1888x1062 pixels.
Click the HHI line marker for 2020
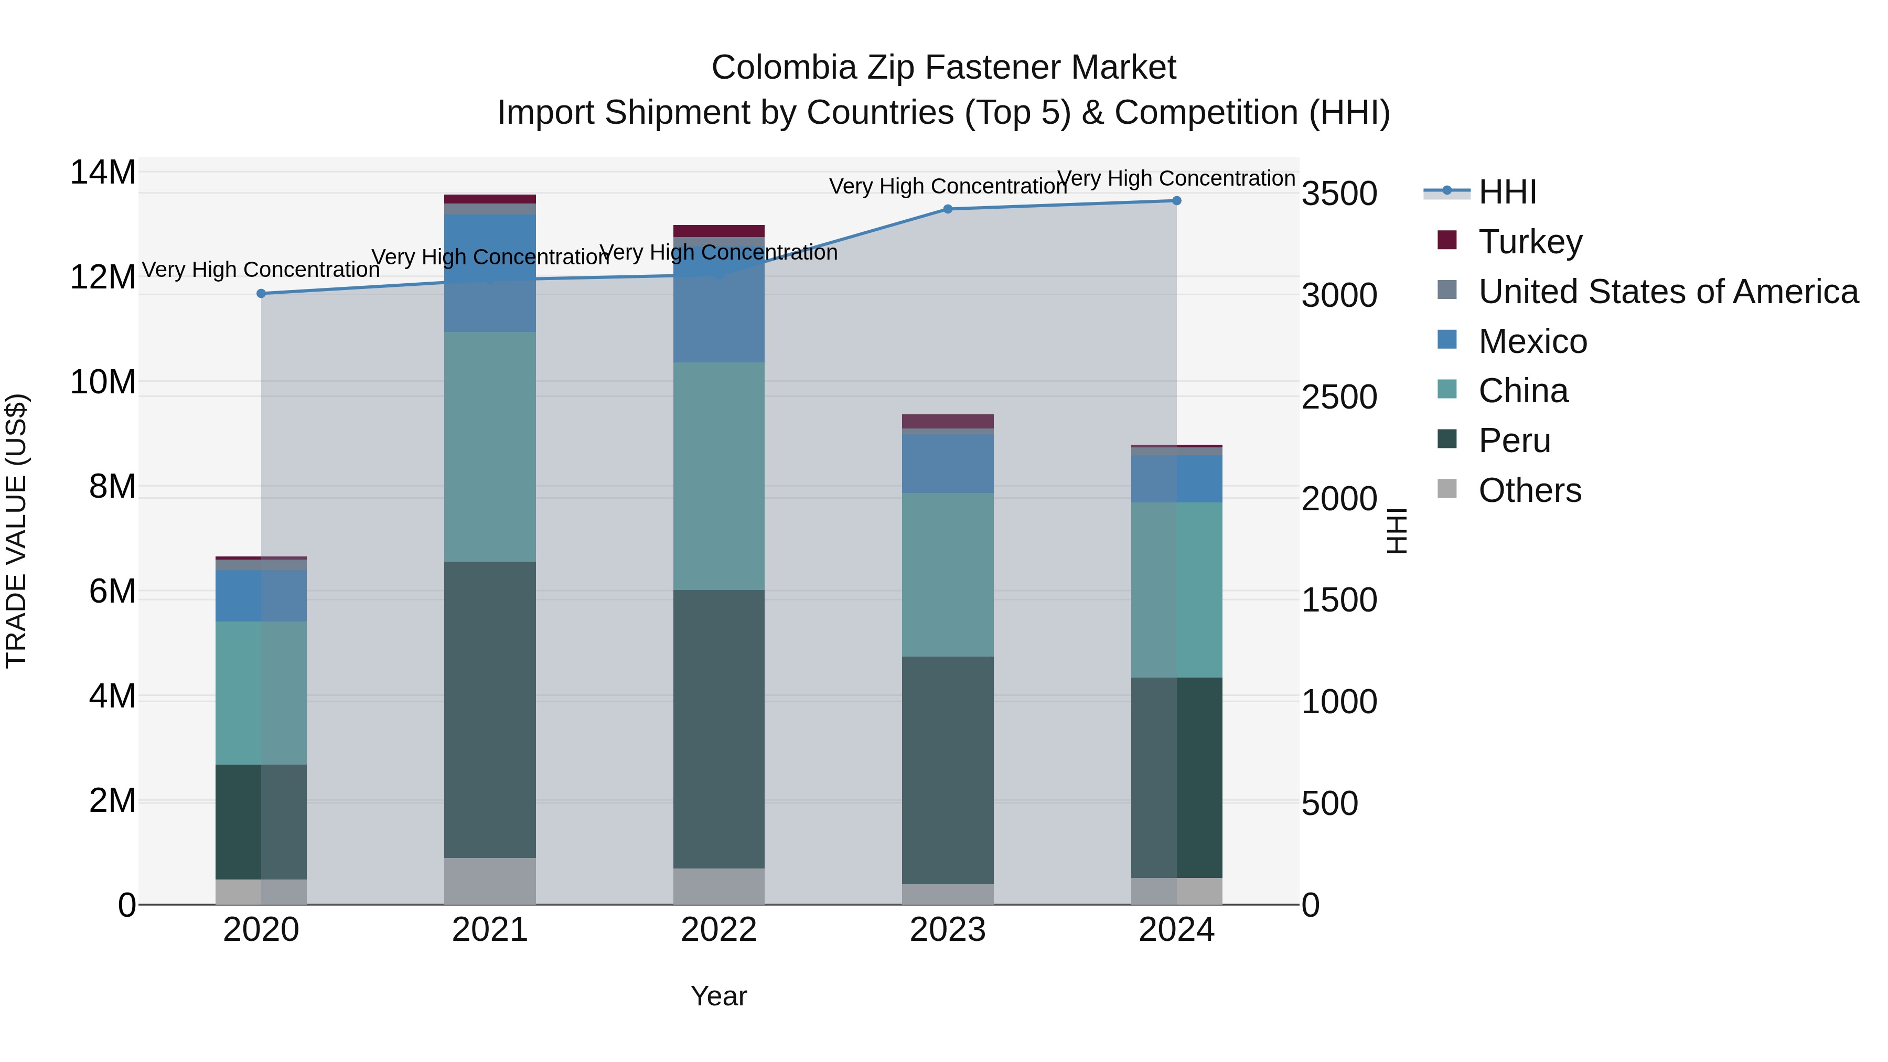261,293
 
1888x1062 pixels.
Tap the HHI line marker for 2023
948,209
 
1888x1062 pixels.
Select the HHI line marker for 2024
1176,200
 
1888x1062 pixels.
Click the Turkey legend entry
1530,241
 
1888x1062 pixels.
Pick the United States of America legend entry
1667,291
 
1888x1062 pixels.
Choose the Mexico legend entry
1532,341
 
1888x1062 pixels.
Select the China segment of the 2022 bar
718,476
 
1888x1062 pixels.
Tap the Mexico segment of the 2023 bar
948,463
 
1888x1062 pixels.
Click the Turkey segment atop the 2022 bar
718,231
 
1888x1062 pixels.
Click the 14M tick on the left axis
103,173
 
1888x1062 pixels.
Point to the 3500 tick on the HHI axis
1338,194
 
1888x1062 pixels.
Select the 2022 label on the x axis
718,930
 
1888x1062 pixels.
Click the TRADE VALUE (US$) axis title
16,531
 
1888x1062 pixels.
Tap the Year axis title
718,996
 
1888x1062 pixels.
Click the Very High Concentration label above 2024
1176,178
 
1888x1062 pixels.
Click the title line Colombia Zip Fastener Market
943,68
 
